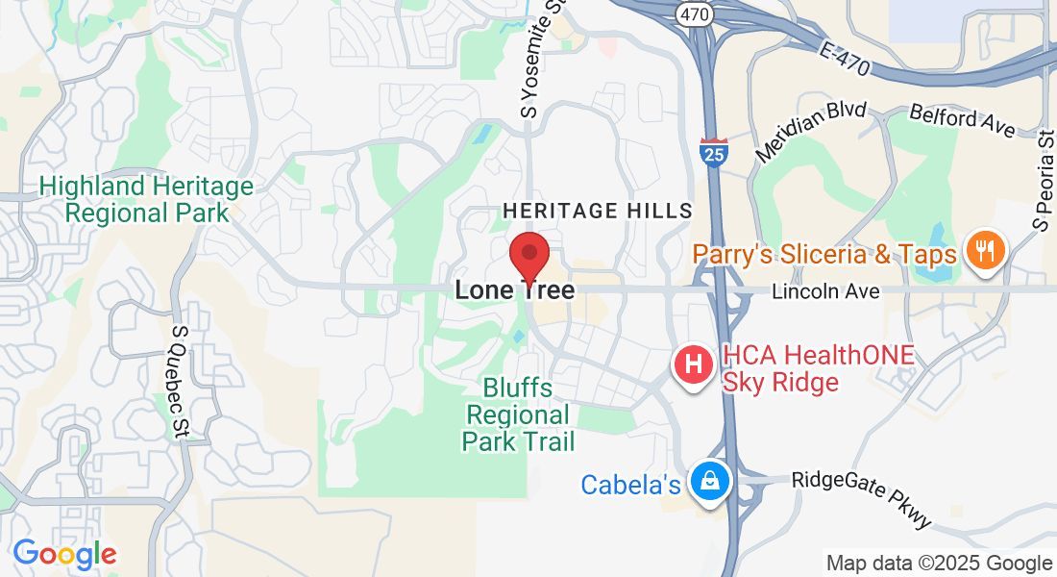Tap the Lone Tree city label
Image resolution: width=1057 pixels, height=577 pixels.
(x=514, y=289)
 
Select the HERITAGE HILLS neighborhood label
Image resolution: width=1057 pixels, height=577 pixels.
(x=598, y=211)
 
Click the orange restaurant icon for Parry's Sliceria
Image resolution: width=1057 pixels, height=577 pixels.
(x=985, y=251)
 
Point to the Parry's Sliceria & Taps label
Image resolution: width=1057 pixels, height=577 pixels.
(x=825, y=254)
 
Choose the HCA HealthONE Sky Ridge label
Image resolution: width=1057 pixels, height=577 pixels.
(x=818, y=368)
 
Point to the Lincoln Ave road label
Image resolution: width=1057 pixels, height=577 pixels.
(x=825, y=290)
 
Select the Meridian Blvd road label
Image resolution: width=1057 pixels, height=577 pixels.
(x=811, y=132)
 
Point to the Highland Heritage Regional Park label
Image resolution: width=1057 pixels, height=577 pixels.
(x=147, y=199)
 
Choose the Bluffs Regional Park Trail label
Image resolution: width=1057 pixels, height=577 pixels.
(x=519, y=415)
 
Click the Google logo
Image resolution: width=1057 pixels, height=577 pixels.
(x=64, y=554)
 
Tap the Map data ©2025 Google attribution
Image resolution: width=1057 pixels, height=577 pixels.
(x=939, y=564)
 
